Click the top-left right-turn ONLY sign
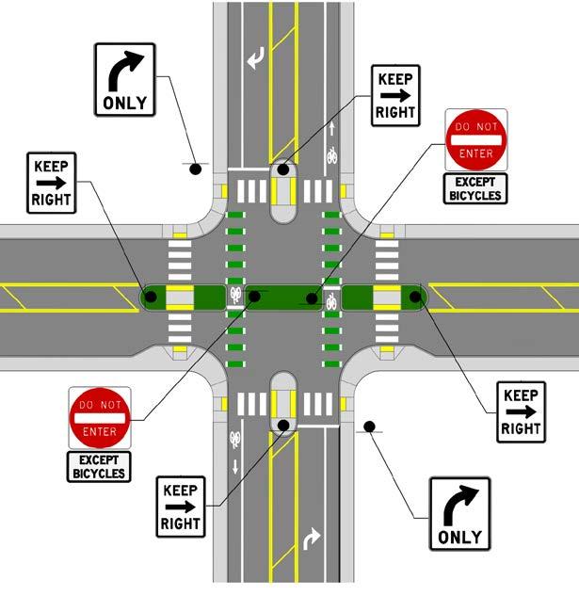click(x=124, y=79)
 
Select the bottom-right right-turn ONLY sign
click(x=459, y=514)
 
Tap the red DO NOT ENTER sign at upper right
click(x=475, y=140)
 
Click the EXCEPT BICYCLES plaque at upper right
click(x=475, y=188)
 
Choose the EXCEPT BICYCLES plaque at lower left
click(x=99, y=466)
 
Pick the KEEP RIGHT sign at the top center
click(x=395, y=94)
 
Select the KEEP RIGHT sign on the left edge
click(x=52, y=182)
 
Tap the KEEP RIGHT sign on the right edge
click(x=520, y=411)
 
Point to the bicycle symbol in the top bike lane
click(x=331, y=156)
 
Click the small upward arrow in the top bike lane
click(x=331, y=127)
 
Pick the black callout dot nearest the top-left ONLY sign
click(x=195, y=169)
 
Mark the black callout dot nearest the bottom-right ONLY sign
click(x=370, y=427)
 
